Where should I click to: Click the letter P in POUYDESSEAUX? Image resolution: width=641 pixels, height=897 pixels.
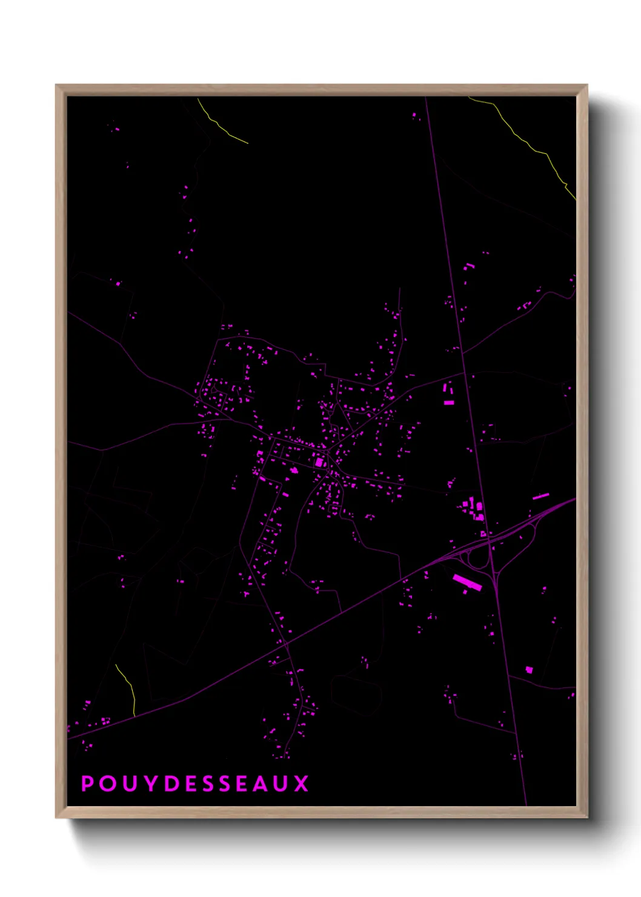(88, 784)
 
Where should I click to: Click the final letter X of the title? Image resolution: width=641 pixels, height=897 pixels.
(302, 784)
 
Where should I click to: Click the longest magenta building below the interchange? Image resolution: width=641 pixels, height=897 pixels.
(467, 582)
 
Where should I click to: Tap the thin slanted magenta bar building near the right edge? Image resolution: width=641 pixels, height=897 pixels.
(540, 496)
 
